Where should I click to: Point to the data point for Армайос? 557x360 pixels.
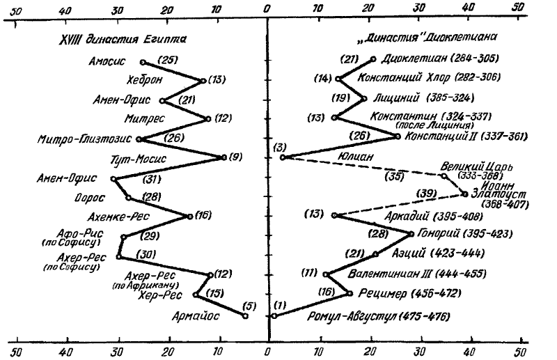point(245,316)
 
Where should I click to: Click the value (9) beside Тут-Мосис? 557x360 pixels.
point(235,157)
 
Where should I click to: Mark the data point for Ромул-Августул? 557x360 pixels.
point(274,315)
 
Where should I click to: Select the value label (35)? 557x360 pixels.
point(395,176)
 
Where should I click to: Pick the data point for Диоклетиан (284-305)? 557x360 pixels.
point(373,59)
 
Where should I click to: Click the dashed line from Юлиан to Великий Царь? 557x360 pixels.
point(362,166)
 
